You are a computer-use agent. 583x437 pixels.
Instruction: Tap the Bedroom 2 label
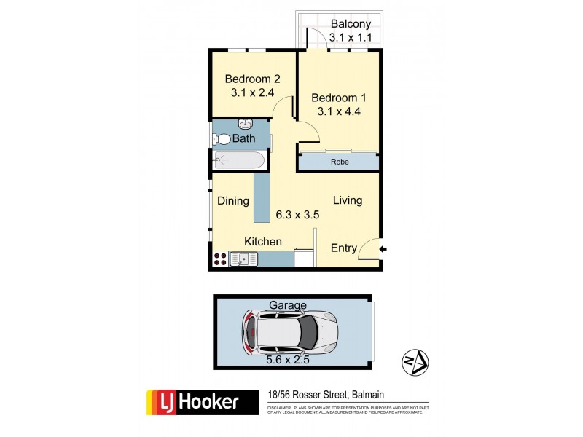pos(252,79)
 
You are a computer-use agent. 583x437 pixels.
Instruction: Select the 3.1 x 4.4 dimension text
pos(339,111)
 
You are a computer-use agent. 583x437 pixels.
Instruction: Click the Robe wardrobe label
pos(338,162)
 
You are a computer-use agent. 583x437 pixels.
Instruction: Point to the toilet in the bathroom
pos(222,139)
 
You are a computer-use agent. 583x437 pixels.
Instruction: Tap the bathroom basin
pos(246,123)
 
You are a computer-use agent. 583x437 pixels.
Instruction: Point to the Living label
pos(348,200)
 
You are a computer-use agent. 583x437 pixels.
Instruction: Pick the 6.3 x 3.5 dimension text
pos(297,215)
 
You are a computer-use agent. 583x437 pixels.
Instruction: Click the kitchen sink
pos(243,259)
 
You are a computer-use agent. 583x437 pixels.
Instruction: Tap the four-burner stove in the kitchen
pos(219,259)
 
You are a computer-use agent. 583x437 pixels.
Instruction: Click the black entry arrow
pos(383,250)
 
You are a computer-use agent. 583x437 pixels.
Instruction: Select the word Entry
pos(344,248)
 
